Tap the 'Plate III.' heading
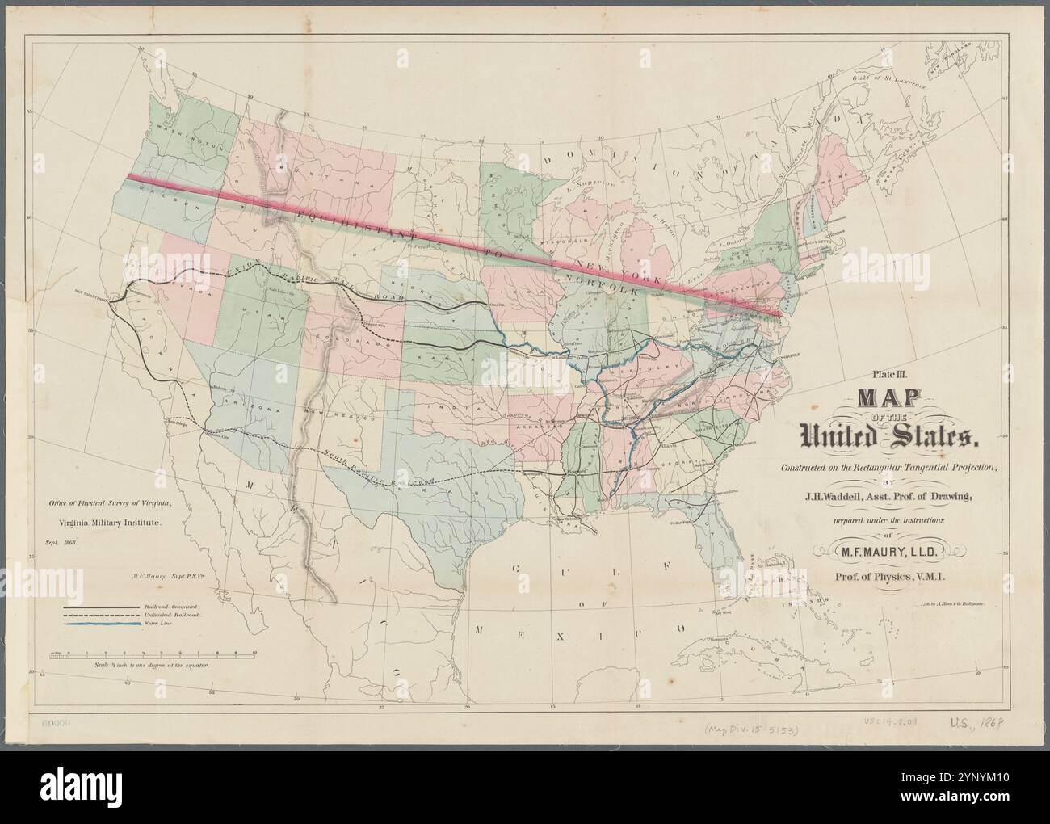[x=886, y=373]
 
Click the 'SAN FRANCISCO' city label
[x=91, y=292]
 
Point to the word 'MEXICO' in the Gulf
[x=580, y=629]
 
